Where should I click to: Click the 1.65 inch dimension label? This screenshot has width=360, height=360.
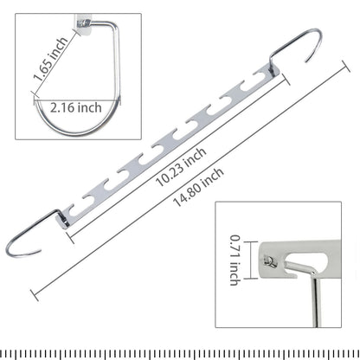pos(50,58)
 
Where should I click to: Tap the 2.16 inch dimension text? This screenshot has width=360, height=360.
pos(76,107)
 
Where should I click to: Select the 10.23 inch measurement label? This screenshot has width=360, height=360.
pos(181,167)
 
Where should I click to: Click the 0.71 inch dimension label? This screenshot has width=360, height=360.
pos(235,260)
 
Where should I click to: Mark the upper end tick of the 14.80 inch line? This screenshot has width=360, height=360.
pos(345,66)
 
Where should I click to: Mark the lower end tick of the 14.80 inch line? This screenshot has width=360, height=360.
pos(35,295)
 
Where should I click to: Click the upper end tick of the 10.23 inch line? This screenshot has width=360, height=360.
pos(286,80)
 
